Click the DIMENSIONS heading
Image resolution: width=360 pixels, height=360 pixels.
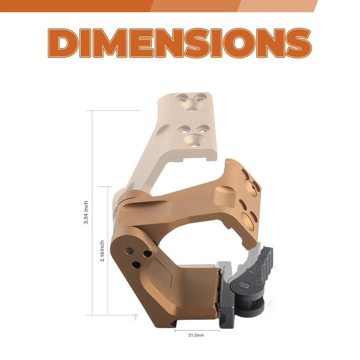pos(180,43)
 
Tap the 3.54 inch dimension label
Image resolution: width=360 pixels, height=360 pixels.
pos(86,212)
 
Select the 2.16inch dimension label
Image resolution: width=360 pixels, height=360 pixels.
pos(102,251)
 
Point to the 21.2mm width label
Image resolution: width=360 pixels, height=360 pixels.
pos(196,335)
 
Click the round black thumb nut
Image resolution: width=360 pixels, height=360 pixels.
pos(250,305)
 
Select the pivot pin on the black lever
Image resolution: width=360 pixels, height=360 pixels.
pos(243,285)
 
